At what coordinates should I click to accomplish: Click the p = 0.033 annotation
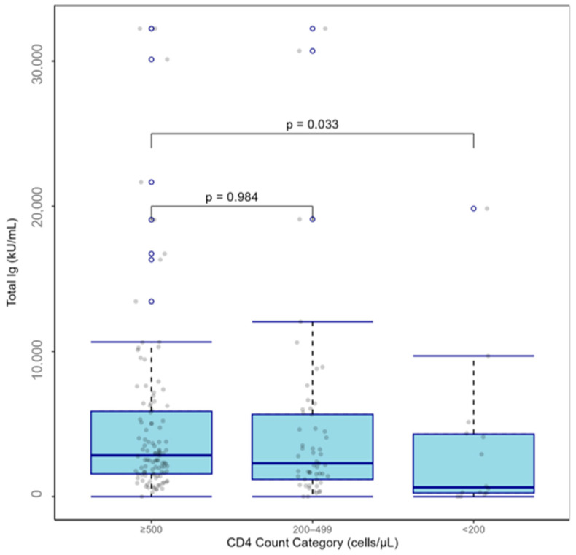pos(312,124)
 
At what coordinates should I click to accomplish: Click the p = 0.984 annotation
pos(231,196)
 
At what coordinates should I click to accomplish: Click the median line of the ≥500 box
pos(151,455)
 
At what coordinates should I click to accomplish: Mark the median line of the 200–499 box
pos(312,463)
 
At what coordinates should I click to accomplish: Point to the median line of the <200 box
pos(473,488)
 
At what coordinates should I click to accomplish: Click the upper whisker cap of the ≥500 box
pos(151,342)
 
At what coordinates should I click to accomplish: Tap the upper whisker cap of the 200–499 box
pos(312,321)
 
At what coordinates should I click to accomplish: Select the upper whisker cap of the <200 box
pos(473,356)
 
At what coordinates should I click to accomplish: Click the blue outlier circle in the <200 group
pos(473,208)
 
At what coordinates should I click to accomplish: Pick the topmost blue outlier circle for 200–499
pos(312,28)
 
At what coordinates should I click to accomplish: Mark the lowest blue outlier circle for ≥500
pos(151,301)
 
